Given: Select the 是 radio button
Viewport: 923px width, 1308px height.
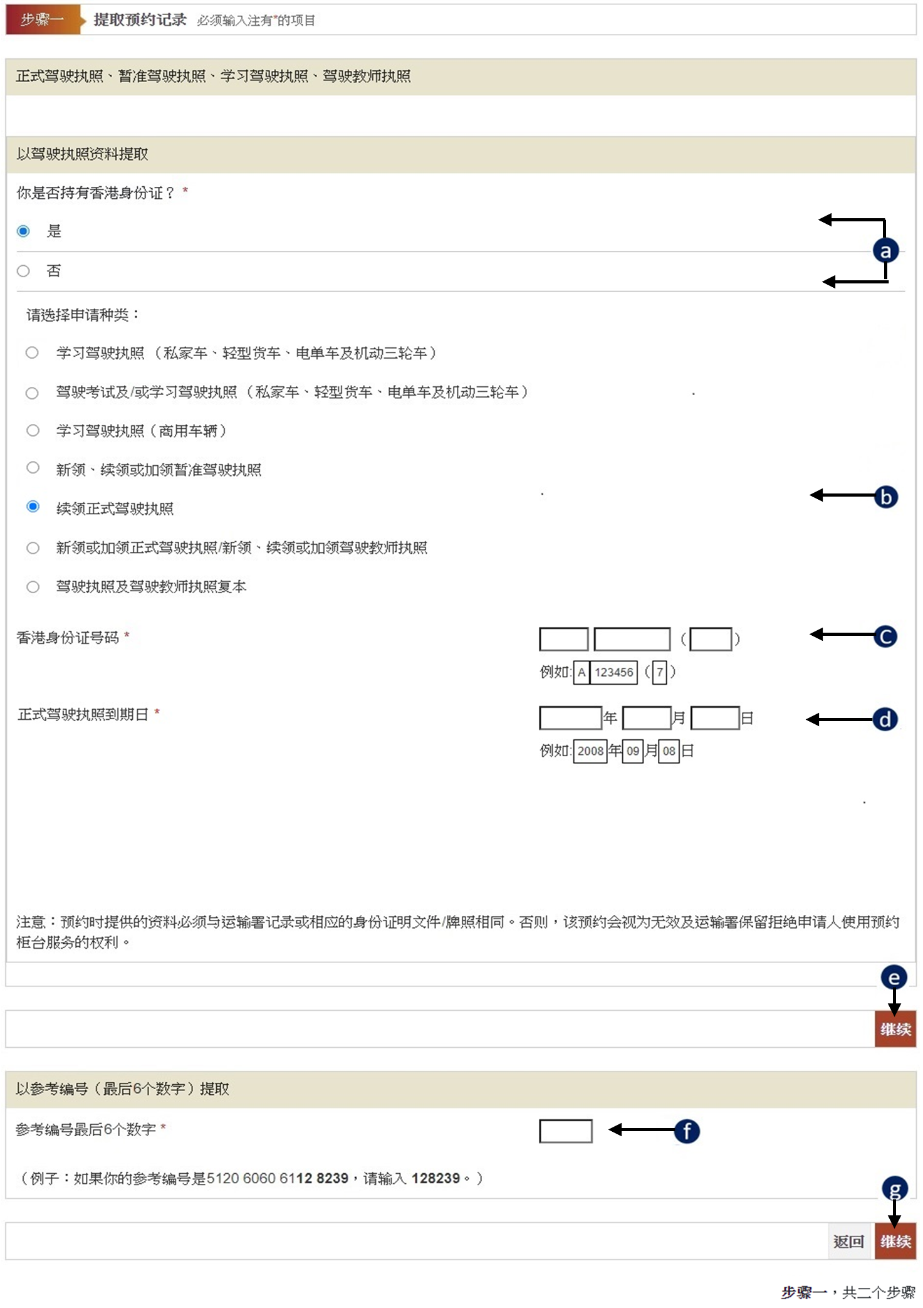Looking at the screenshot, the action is click(23, 231).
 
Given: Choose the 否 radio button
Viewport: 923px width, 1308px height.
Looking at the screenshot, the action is click(23, 271).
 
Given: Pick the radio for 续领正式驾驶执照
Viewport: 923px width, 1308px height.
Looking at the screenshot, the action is click(33, 507).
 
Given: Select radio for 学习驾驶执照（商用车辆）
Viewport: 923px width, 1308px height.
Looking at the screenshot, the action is click(33, 430).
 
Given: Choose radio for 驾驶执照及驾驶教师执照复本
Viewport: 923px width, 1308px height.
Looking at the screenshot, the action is click(33, 587).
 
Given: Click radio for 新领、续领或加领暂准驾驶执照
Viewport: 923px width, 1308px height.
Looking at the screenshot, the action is click(33, 468).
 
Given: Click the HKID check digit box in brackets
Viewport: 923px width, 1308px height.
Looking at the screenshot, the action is click(711, 639).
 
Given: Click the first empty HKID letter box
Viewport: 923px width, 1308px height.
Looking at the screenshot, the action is click(563, 639).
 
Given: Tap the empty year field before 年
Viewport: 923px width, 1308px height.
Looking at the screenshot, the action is click(570, 718).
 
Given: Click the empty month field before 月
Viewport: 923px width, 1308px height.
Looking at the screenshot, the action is click(647, 718).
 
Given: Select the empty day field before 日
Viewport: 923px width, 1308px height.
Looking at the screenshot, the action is click(715, 718).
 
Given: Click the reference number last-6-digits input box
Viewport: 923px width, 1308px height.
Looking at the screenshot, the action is click(566, 1131).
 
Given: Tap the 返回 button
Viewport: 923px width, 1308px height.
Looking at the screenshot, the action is click(849, 1242).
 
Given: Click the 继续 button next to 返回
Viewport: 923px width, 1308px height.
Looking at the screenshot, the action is click(895, 1242).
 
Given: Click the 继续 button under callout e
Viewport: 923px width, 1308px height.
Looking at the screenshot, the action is click(895, 1029).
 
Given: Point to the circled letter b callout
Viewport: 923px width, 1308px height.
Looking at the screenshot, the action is click(886, 497).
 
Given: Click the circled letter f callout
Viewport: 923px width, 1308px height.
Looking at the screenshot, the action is click(687, 1131).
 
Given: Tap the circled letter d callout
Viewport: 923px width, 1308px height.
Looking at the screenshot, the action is click(885, 719).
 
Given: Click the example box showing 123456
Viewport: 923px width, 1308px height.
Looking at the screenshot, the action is click(613, 672).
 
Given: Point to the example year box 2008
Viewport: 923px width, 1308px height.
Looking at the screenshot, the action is click(590, 751).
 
